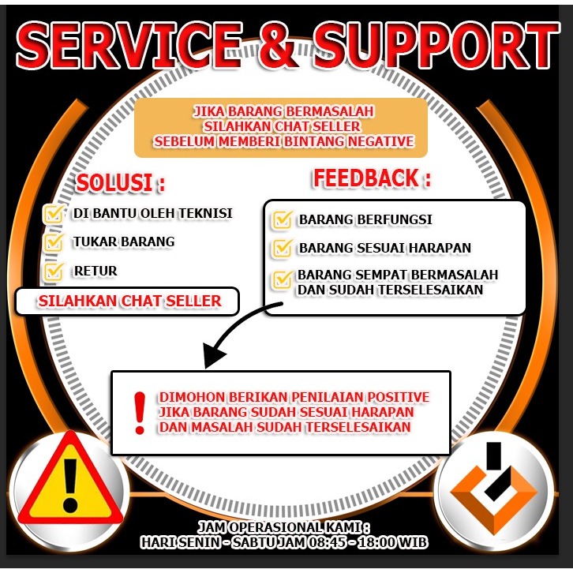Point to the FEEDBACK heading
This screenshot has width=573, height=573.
click(372, 178)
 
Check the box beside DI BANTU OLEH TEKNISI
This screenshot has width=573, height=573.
click(54, 214)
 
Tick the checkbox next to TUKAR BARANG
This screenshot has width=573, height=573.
click(54, 242)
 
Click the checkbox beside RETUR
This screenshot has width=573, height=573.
click(54, 272)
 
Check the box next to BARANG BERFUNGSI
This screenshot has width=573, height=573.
click(282, 219)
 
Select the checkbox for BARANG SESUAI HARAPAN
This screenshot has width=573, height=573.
click(282, 248)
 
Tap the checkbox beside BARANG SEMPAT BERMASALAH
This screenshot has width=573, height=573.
click(282, 279)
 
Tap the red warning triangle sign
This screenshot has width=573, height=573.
click(70, 481)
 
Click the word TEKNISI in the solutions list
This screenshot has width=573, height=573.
click(207, 214)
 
